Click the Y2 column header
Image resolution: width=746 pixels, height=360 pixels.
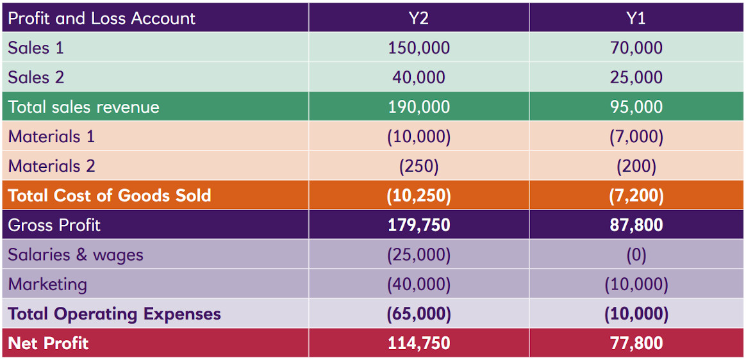tap(419, 18)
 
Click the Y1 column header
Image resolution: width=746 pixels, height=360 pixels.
tap(636, 18)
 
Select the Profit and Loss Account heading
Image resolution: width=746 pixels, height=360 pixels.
tap(102, 18)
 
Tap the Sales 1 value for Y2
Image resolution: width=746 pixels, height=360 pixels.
tap(419, 48)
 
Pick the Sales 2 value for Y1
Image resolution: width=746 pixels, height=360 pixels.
tap(636, 78)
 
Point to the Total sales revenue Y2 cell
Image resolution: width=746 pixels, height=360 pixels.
tap(419, 107)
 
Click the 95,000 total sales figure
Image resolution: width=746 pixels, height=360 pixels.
tap(636, 107)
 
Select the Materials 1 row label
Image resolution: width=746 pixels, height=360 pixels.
tap(51, 136)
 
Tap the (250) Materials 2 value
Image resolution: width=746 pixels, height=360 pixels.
tap(419, 166)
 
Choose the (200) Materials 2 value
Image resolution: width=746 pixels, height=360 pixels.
tap(636, 166)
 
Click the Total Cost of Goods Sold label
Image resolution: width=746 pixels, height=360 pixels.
tap(110, 195)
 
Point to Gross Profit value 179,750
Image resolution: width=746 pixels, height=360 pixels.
tap(419, 225)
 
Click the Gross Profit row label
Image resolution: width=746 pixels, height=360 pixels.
tap(54, 225)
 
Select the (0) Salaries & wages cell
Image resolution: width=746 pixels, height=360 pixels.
tap(636, 255)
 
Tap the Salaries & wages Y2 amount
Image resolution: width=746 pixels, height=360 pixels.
tap(419, 255)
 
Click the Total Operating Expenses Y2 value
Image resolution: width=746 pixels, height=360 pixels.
tap(419, 314)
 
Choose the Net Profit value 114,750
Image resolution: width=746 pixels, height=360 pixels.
tap(419, 343)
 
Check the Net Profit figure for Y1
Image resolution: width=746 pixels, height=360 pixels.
tap(636, 343)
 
